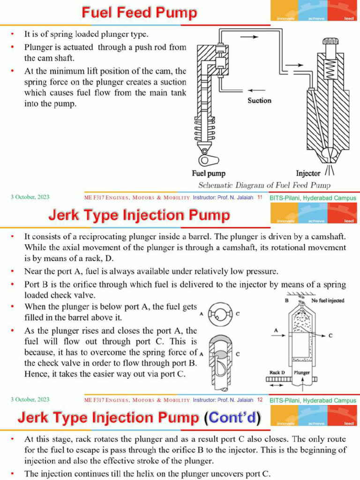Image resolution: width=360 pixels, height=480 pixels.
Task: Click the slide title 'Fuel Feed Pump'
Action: [x=139, y=13]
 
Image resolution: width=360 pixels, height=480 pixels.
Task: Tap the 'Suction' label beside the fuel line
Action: [x=259, y=100]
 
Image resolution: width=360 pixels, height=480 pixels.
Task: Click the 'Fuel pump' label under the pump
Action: [x=209, y=173]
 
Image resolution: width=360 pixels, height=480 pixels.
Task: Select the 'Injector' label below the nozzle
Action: [x=308, y=173]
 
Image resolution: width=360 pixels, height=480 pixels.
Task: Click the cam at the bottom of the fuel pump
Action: [x=206, y=159]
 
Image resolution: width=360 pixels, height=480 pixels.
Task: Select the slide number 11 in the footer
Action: [x=259, y=198]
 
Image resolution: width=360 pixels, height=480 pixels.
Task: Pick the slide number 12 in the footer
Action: [x=259, y=400]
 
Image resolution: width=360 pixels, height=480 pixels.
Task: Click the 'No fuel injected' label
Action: [x=328, y=300]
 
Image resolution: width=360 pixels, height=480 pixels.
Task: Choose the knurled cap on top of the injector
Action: [x=330, y=41]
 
